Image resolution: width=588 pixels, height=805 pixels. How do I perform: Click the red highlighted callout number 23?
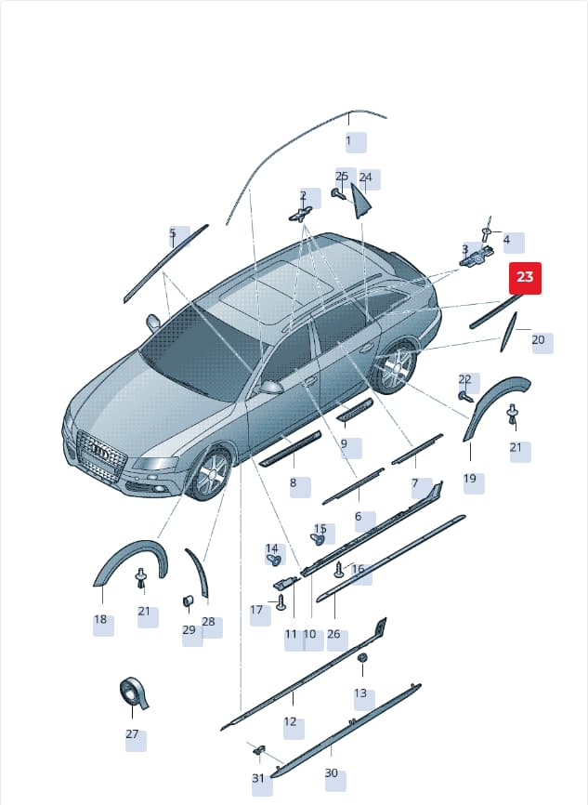pos(525,277)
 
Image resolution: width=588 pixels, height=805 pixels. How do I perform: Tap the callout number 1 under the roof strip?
pos(349,140)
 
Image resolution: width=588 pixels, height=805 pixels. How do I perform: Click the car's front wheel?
pos(210,474)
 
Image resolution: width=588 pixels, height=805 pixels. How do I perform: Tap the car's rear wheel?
pos(396,366)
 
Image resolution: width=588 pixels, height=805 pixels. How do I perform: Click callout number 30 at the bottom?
pos(332,772)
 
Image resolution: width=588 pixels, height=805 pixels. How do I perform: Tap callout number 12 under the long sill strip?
pos(291,721)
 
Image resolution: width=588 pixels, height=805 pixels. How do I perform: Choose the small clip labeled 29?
pos(188,601)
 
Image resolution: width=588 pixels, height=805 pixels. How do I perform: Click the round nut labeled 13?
pos(362,658)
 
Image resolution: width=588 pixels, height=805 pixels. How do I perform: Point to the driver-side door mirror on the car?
pos(272,386)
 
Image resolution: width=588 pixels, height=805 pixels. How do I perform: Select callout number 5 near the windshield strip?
pos(173,233)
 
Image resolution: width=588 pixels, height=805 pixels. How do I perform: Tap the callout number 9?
pos(344,443)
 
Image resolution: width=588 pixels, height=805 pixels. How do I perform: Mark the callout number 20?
pos(538,340)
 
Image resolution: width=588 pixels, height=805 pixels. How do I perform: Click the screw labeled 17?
pos(281,602)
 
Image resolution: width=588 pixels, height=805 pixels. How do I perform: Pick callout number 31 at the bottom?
pos(258,778)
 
